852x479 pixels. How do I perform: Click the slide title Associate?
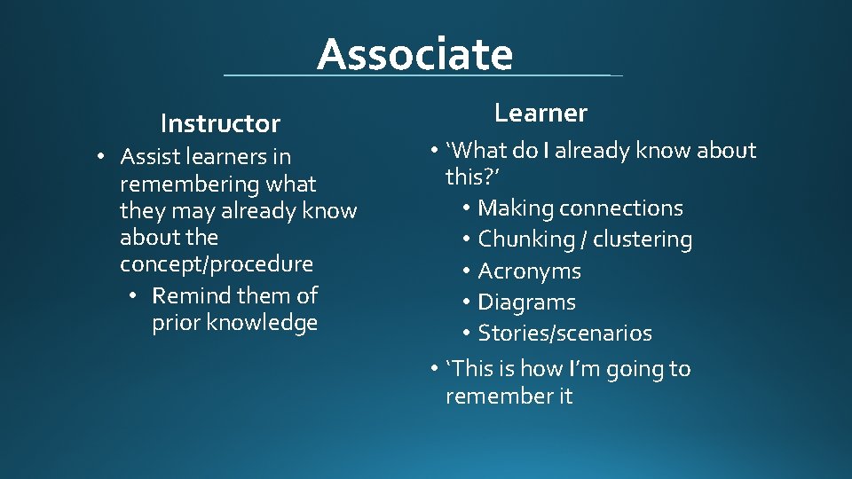(x=414, y=54)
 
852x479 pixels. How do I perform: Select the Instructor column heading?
(x=220, y=123)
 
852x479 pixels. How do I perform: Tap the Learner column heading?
(x=540, y=113)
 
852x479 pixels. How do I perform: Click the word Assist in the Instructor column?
(x=148, y=157)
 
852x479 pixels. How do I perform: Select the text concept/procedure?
(x=217, y=264)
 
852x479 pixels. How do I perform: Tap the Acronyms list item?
(x=529, y=271)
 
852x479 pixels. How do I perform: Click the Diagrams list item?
(x=526, y=302)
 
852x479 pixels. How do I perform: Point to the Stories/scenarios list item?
(x=564, y=334)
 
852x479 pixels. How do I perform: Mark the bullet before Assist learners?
(x=103, y=157)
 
